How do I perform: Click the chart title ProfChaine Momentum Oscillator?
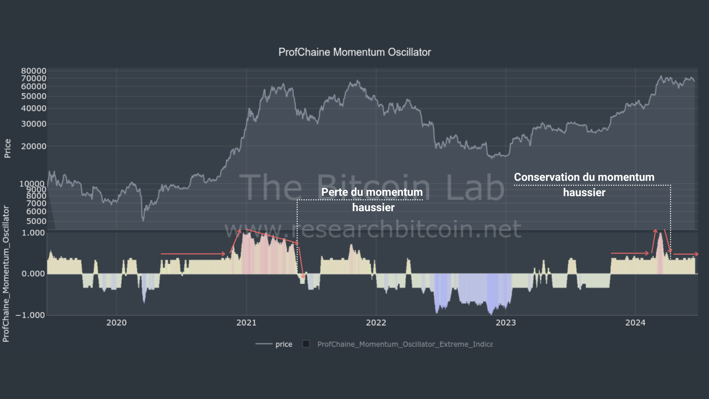[x=354, y=52]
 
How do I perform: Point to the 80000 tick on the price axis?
[x=33, y=71]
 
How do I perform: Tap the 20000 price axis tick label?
[x=33, y=146]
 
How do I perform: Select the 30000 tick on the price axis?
[x=33, y=124]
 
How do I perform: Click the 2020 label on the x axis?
[x=117, y=323]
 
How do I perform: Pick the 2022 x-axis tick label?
[x=376, y=323]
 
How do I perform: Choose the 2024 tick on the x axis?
[x=635, y=323]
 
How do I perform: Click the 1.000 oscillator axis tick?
[x=33, y=233]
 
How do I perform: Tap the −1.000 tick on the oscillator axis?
[x=30, y=315]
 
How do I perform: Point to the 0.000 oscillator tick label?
[x=33, y=274]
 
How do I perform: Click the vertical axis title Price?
[x=7, y=148]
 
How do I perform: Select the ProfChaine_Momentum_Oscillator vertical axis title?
[x=6, y=273]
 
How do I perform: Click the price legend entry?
[x=284, y=344]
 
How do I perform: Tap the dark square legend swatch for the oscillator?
[x=306, y=344]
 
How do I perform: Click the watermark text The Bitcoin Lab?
[x=372, y=187]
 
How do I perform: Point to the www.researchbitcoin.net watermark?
[x=373, y=229]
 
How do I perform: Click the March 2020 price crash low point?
[x=143, y=220]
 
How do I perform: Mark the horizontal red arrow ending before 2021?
[x=193, y=254]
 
